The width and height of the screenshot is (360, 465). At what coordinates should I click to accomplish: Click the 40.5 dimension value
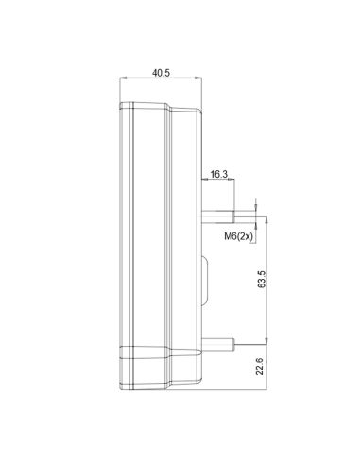161,73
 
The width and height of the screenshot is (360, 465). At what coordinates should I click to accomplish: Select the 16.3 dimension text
219,174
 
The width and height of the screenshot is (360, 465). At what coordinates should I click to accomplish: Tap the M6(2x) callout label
238,236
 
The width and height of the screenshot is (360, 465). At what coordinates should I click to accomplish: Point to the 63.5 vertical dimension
262,279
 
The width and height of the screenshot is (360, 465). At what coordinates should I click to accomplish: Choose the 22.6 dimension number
260,367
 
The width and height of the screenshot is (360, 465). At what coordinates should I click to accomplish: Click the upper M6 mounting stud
218,216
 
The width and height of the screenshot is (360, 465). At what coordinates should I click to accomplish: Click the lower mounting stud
218,344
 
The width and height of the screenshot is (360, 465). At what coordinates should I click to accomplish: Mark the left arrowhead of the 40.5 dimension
123,77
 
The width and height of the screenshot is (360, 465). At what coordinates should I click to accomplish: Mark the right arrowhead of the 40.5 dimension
198,77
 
